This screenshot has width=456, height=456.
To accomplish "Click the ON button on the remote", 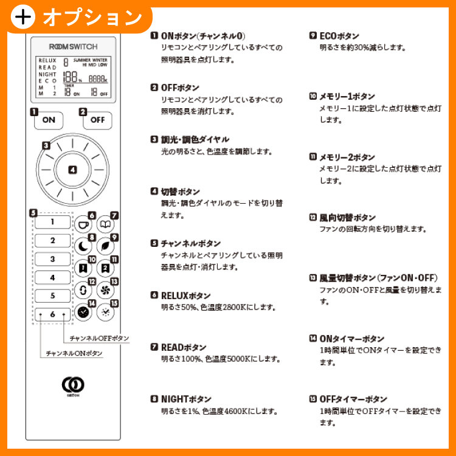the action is click(49, 120).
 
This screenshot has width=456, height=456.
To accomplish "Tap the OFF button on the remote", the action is click(97, 120).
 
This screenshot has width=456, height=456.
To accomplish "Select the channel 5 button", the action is click(53, 295).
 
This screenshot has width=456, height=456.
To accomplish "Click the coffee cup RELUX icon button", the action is click(83, 224).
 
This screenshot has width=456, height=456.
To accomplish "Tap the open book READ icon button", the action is click(105, 224).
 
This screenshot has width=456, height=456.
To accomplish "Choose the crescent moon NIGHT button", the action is click(83, 247).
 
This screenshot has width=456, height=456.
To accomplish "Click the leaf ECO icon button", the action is click(105, 247).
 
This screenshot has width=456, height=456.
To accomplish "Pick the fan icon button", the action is click(105, 290).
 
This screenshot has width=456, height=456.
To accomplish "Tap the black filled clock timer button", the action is click(83, 312).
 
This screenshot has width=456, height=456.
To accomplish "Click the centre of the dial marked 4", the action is click(72, 170).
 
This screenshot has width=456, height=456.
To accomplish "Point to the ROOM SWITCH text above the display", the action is click(74, 47).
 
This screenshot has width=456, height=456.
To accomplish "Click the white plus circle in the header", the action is click(23, 17).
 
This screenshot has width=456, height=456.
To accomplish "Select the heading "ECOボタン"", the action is click(339, 36).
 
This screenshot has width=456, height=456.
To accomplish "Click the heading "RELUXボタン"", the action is click(185, 295).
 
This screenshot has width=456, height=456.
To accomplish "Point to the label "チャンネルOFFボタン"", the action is click(99, 338).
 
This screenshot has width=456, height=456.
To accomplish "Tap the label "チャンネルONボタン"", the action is click(74, 353).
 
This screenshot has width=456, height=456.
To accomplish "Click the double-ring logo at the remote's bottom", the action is click(73, 385).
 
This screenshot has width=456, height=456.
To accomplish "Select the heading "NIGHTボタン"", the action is click(186, 399).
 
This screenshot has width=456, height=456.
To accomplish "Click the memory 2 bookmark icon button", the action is click(105, 268).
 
